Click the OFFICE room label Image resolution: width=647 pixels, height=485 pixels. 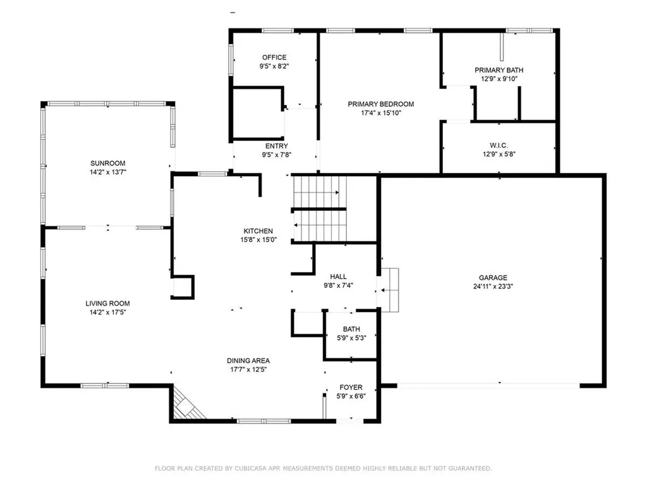(x=274, y=57)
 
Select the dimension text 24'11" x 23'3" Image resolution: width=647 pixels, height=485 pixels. (x=493, y=285)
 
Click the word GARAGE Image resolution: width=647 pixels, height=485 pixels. (x=493, y=277)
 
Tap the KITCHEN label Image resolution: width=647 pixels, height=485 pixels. (x=258, y=231)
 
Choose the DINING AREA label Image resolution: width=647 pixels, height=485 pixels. (x=248, y=361)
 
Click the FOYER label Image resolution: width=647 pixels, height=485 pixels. (x=351, y=387)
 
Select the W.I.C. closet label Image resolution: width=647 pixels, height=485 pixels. (x=499, y=145)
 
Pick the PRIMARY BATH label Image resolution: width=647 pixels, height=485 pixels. (x=499, y=70)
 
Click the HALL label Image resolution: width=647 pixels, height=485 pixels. (x=338, y=277)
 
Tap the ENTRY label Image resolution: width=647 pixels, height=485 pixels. (x=277, y=147)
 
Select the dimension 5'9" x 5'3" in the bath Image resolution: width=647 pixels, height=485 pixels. (x=351, y=338)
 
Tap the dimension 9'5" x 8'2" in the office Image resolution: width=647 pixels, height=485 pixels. (x=274, y=66)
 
